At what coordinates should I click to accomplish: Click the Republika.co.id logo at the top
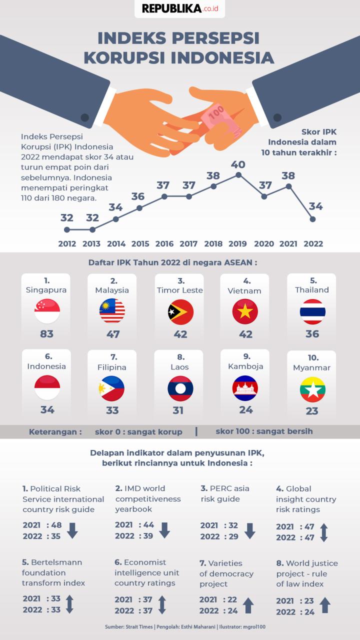coord(179,8)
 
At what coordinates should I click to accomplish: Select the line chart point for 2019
coord(238,174)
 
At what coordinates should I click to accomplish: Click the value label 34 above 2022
coord(315,206)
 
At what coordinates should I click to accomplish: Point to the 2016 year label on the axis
coord(164,244)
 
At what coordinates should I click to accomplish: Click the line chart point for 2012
coord(67,230)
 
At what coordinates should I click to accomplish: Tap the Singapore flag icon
coord(47,311)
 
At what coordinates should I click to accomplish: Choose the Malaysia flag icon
coord(112,311)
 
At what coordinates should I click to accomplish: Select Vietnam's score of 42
coord(245,334)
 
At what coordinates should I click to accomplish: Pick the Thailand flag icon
coord(312,311)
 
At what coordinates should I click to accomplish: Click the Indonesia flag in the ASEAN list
coord(47,388)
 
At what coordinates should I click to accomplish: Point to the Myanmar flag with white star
coord(312,389)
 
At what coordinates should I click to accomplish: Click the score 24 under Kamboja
coord(245,410)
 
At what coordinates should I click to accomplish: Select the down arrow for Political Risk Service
coord(72,530)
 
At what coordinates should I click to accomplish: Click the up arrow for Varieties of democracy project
coord(248,605)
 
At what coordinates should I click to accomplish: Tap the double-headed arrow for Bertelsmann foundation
coord(69,604)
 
